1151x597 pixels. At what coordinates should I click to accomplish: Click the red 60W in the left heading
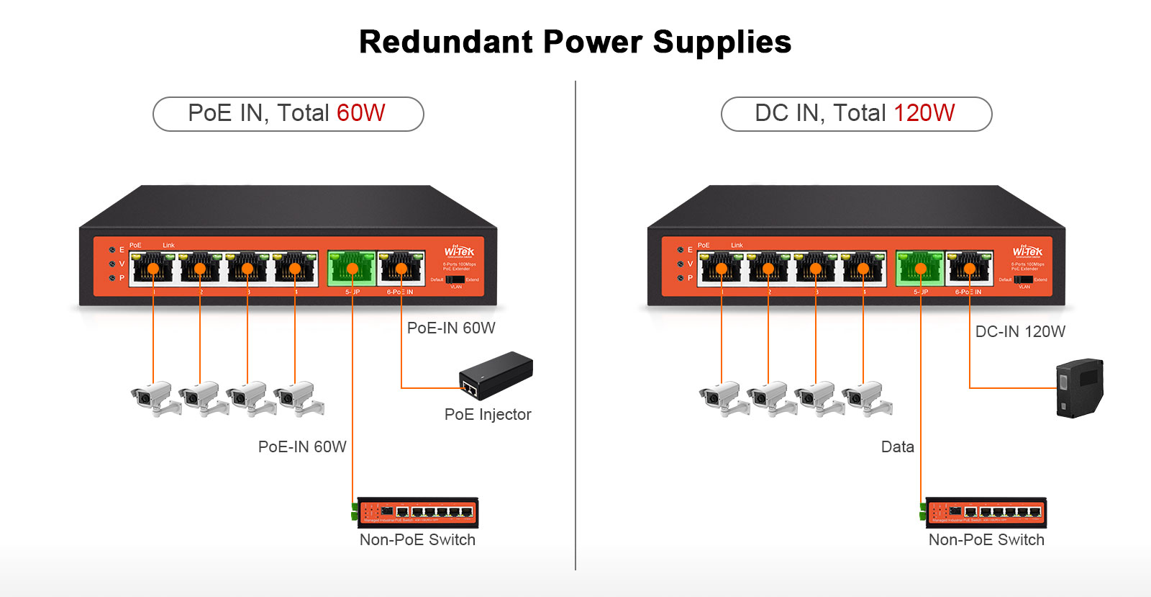coord(360,113)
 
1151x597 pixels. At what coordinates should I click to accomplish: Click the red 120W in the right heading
coord(924,113)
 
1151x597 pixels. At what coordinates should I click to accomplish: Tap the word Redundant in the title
coord(446,42)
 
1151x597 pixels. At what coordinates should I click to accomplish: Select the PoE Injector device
coord(496,375)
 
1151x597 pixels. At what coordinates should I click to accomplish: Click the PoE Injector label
coord(488,415)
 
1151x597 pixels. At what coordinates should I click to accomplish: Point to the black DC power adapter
coord(1079,388)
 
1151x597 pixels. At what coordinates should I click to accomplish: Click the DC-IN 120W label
coord(1020,332)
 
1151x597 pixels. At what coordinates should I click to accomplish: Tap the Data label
coord(897,447)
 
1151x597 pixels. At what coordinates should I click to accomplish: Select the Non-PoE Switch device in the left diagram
coord(417,512)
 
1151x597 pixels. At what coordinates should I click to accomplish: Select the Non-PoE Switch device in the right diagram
coord(985,512)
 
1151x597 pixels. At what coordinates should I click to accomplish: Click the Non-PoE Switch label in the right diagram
coord(986,540)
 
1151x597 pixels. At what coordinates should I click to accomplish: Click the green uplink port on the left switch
coord(352,268)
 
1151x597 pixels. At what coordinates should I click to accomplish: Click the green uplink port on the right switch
coord(920,268)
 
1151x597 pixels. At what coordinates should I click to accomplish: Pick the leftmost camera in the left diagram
coord(153,398)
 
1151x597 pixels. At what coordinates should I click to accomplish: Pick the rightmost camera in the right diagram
coord(868,398)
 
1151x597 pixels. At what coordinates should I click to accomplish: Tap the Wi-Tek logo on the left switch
coord(459,252)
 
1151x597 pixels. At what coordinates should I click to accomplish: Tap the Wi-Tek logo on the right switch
coord(1027,251)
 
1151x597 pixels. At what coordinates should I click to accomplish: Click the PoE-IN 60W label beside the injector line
coord(451,328)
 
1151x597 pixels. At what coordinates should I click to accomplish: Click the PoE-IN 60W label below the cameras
coord(302,447)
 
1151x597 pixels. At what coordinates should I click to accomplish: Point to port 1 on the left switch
coord(153,268)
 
